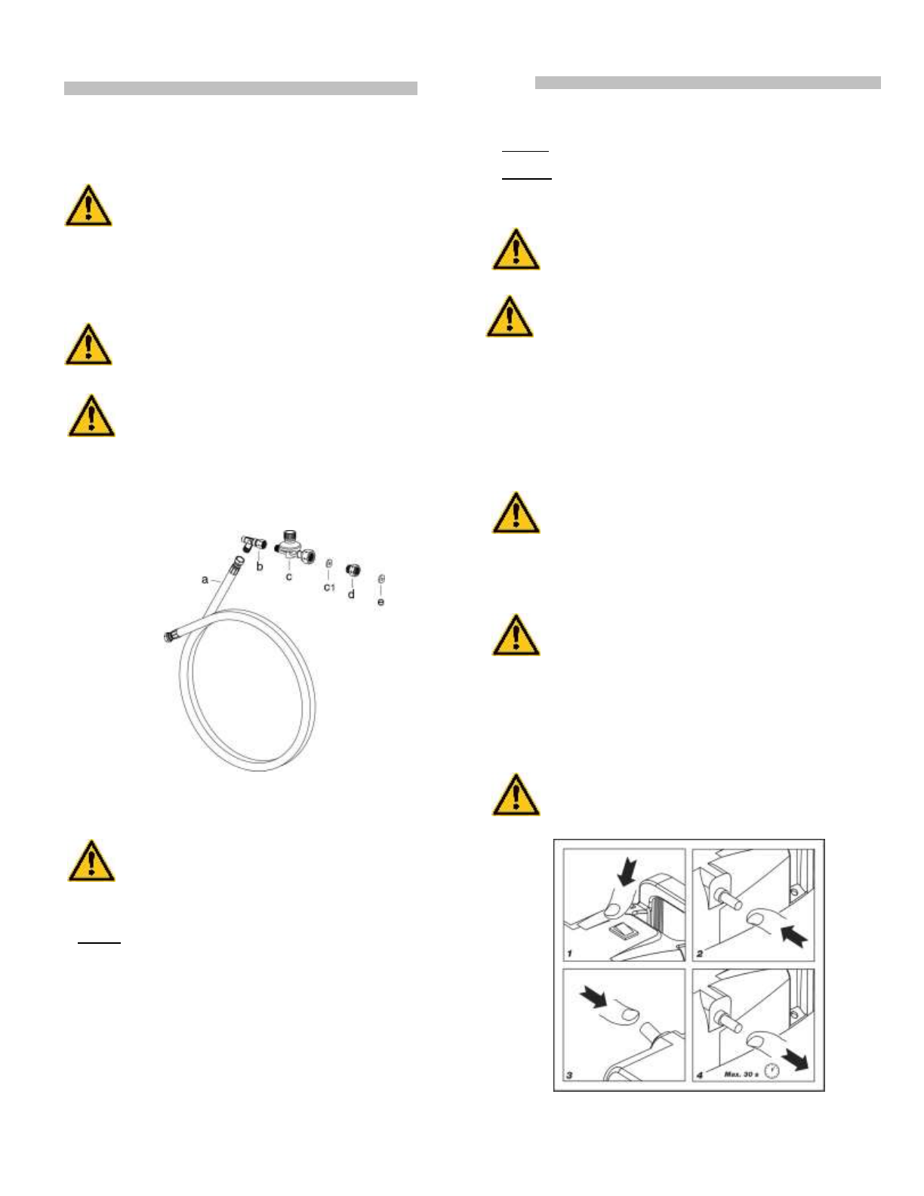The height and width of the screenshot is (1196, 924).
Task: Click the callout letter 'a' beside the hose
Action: pos(205,580)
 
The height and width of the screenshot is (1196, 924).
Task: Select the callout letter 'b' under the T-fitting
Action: pos(260,566)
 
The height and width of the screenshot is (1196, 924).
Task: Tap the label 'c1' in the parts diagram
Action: pos(329,587)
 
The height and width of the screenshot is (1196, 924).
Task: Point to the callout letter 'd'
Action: pos(351,594)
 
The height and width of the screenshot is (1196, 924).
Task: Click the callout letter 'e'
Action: pos(380,602)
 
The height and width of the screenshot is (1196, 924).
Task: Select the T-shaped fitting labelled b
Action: pos(253,542)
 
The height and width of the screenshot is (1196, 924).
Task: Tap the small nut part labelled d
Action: pos(352,570)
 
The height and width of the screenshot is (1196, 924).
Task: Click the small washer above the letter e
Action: pos(381,579)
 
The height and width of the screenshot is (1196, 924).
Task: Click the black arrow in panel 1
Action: pos(627,873)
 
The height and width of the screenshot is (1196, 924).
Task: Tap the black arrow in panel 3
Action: pos(593,998)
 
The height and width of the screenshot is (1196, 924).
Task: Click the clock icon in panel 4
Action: pos(771,1071)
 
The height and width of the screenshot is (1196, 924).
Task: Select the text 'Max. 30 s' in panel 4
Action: pos(741,1074)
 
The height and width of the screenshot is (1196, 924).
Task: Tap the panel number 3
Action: pos(569,1074)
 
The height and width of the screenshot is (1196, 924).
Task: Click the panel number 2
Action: pos(700,954)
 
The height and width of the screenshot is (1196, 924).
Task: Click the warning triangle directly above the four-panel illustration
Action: pos(516,795)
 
